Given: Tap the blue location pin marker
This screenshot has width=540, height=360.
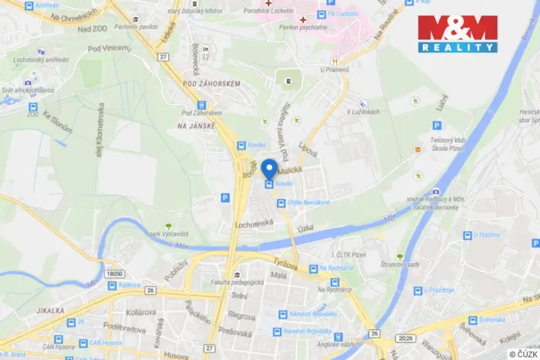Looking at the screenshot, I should tap(269, 168).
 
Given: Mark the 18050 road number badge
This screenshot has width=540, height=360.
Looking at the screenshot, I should tap(114, 273).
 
